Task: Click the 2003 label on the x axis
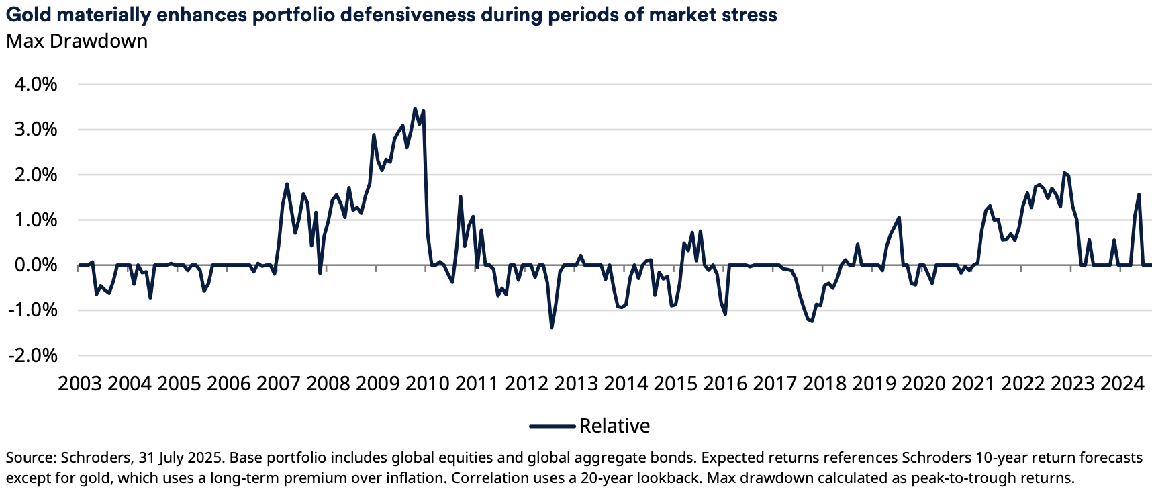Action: pos(80,384)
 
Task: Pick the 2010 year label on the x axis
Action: pos(428,384)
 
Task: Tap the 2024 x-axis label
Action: pos(1122,384)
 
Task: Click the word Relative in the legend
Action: pos(614,426)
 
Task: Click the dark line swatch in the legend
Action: pos(552,426)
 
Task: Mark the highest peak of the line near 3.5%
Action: pos(415,108)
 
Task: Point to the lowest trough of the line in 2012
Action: pos(552,327)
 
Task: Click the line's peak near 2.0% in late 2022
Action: pos(1064,173)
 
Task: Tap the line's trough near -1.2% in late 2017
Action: pos(812,321)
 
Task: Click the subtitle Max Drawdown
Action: pos(77,41)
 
